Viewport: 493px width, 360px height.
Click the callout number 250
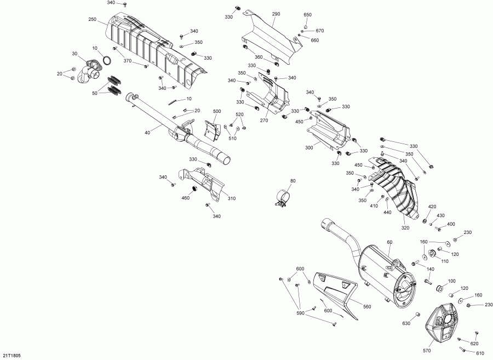tap(92, 20)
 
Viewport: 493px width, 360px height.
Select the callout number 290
tap(276, 14)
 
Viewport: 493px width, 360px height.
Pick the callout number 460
tap(185, 198)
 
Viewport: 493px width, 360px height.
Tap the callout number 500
tap(217, 111)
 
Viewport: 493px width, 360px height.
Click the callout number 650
tap(307, 14)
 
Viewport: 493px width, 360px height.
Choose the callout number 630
tap(405, 323)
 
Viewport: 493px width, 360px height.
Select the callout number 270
tap(264, 121)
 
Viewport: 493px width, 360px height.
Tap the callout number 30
tap(74, 53)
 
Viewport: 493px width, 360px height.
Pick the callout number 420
tap(432, 207)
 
